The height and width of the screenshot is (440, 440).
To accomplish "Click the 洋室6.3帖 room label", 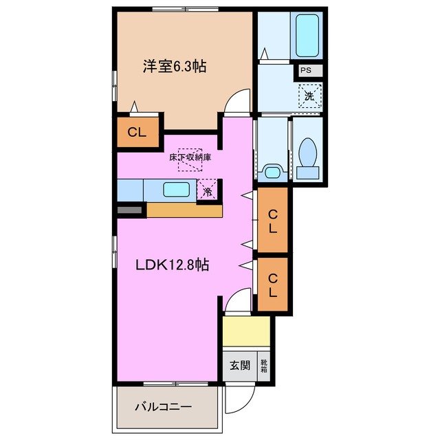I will [x=175, y=67].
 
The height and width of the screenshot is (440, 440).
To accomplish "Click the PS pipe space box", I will [x=305, y=70].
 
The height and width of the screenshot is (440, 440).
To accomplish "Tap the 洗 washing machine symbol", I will [x=309, y=96].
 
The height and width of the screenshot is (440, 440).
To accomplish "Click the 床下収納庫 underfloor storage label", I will [x=190, y=157].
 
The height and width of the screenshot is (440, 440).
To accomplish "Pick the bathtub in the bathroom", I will [x=306, y=34].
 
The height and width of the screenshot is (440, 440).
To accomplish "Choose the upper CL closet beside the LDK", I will [x=272, y=219].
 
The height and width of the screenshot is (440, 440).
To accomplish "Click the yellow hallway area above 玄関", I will [x=245, y=331].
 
